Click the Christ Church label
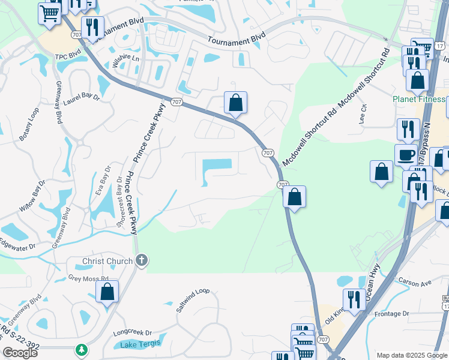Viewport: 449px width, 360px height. [103, 261]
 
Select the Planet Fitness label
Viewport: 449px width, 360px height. [420, 99]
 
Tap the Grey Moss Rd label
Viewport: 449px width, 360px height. [88, 278]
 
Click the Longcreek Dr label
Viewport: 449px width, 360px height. [132, 332]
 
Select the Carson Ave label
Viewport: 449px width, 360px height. [414, 282]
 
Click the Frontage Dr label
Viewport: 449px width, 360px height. [391, 314]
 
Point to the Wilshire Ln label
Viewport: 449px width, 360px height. [127, 59]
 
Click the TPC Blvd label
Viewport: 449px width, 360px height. [68, 56]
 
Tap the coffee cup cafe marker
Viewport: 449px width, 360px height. [406, 154]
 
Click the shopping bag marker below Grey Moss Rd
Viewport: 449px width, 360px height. [107, 292]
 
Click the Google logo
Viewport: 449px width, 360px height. [20, 353]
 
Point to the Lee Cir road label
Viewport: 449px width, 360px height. [364, 112]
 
